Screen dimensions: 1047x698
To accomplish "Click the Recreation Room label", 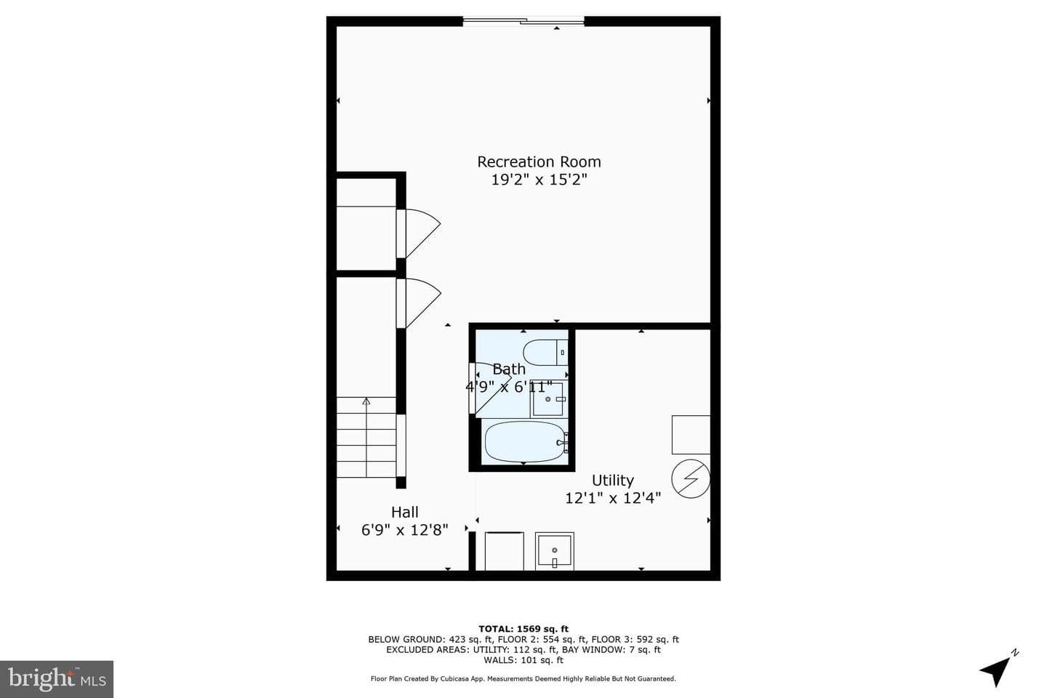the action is coord(539,161).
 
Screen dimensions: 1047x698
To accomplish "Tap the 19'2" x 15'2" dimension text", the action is coord(539,180).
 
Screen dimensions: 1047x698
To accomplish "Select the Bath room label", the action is coord(509,369).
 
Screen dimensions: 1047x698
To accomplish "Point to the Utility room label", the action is coord(613,481).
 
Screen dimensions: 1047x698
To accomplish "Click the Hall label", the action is coord(405,513).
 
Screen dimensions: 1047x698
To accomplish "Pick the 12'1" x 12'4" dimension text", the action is coord(613,498).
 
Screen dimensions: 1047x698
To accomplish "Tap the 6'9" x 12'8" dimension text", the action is coord(405,530).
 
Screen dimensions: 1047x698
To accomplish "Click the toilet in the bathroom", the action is coord(545,353).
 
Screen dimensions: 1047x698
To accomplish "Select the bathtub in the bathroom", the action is coord(526,442).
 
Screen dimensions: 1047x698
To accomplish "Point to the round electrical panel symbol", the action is coord(691,478).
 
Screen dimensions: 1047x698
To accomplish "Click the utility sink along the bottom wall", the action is coord(554,551).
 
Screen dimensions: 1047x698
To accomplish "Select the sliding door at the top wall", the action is coord(523,20).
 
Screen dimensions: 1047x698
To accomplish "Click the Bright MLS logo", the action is coord(57,679).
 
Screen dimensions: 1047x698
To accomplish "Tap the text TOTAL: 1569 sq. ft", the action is coord(523,629).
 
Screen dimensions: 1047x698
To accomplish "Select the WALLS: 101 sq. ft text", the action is coord(523,660).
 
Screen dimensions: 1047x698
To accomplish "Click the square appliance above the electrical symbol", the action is coord(691,435).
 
